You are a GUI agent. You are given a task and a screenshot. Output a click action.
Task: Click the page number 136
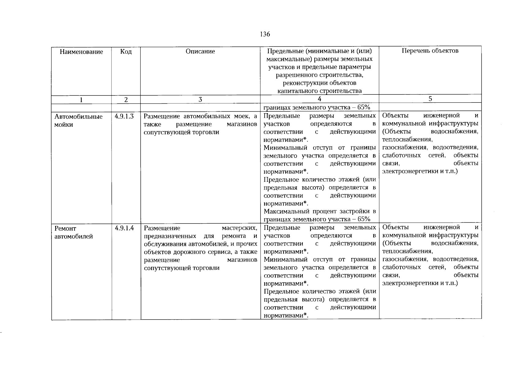(265, 34)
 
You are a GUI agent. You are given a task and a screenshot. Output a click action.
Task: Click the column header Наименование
(81, 52)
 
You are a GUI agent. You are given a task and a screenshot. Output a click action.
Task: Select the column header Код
(126, 52)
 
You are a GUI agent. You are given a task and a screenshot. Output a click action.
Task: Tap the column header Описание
(200, 51)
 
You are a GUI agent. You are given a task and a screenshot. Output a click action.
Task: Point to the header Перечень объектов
(430, 51)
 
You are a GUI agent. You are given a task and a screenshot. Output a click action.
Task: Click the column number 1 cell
(81, 99)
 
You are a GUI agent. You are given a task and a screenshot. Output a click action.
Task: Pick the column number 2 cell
(126, 99)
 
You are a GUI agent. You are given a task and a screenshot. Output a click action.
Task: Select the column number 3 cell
(200, 99)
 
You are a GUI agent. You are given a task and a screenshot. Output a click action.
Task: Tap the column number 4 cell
(320, 99)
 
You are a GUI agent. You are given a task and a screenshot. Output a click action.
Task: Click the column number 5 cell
(430, 99)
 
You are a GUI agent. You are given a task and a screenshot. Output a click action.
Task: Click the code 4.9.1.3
(124, 116)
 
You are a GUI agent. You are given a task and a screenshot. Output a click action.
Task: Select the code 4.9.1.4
(124, 228)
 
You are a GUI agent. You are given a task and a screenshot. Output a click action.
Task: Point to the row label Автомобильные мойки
(78, 120)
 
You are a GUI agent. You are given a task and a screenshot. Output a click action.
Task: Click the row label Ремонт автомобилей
(74, 232)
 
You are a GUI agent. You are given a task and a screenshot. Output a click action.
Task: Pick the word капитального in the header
(297, 91)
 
